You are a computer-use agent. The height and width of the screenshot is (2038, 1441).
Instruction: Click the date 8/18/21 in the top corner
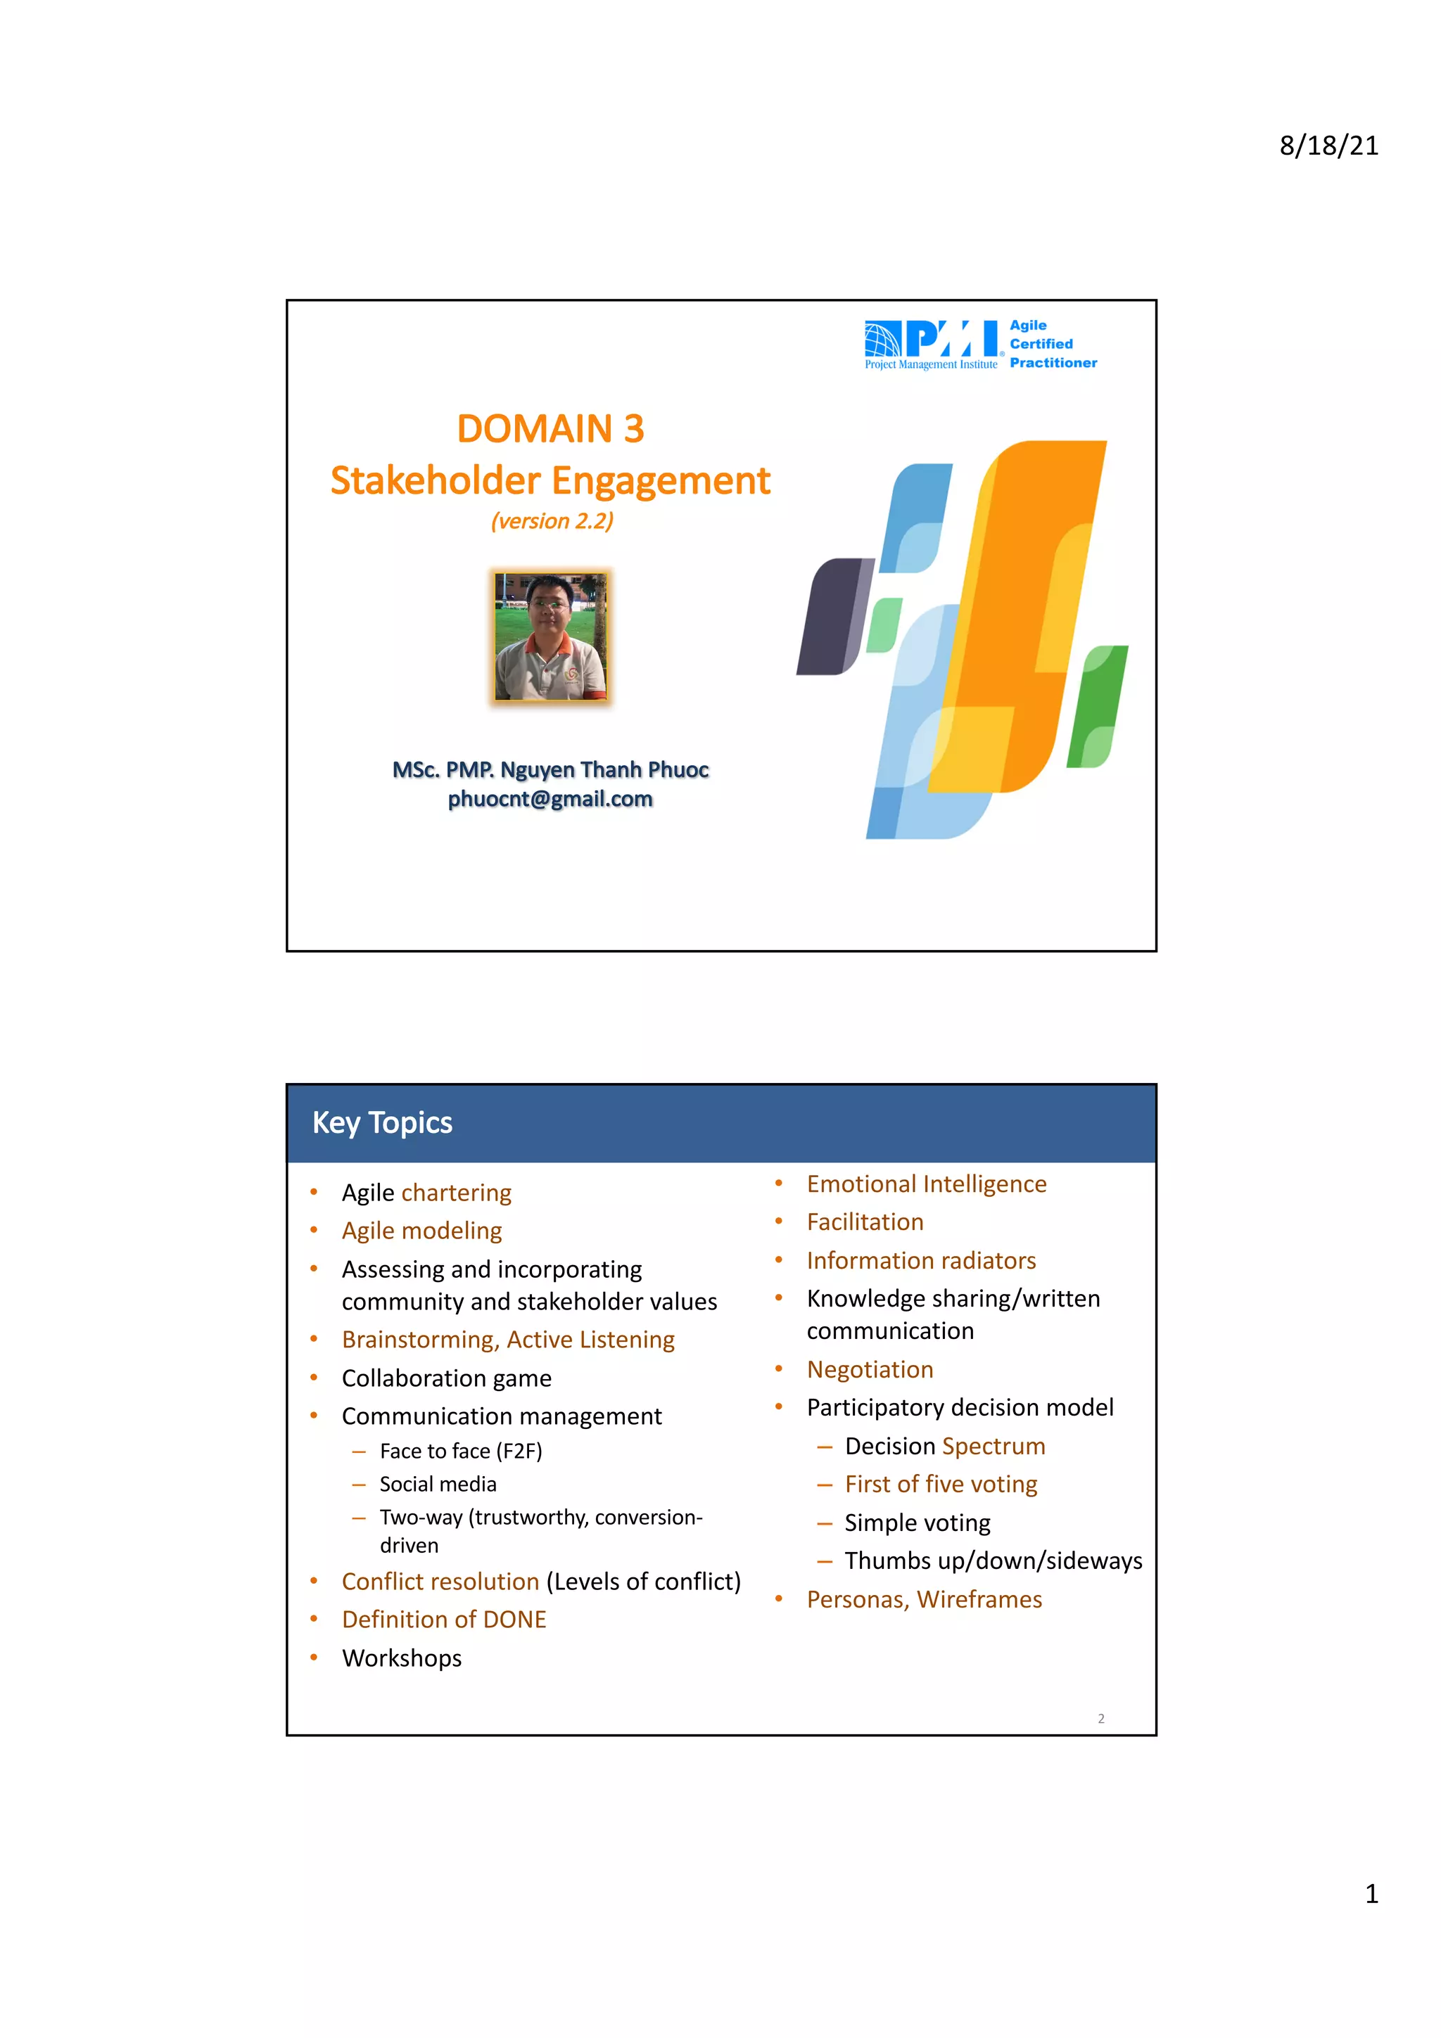coord(1328,146)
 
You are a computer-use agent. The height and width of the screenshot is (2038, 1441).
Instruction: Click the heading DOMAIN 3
coord(550,429)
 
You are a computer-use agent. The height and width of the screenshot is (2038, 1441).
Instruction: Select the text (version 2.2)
coord(552,521)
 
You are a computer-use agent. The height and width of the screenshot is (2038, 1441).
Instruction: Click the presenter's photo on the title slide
coord(550,636)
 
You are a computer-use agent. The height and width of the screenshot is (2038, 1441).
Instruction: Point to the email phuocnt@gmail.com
coord(550,799)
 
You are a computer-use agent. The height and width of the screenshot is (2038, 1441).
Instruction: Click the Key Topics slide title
coord(382,1123)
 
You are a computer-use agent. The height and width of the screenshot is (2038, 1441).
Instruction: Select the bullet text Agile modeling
coord(421,1231)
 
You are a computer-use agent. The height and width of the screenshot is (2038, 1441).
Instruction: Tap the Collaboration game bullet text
coord(447,1378)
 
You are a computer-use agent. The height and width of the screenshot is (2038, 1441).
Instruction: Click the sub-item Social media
coord(438,1484)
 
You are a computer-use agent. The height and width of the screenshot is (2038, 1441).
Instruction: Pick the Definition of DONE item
coord(444,1620)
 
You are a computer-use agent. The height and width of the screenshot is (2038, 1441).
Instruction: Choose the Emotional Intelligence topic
coord(926,1184)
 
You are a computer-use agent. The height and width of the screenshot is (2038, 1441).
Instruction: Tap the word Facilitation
coord(865,1222)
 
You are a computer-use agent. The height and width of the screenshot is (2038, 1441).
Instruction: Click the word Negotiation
coord(869,1370)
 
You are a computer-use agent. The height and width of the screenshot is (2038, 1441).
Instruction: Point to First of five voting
coord(940,1484)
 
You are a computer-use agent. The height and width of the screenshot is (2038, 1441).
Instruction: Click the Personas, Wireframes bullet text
coord(923,1599)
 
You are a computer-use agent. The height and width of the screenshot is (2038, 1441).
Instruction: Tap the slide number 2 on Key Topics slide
coord(1101,1719)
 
